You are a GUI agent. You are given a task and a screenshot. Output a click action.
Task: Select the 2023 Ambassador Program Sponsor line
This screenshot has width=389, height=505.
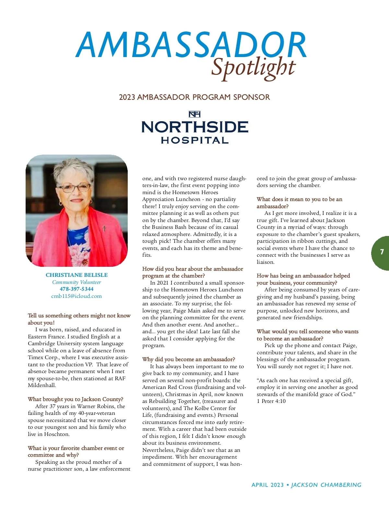point(194,97)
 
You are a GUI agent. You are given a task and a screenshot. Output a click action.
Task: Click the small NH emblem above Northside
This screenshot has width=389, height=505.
point(194,114)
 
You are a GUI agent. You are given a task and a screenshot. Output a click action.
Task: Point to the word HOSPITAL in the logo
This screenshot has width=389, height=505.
point(194,140)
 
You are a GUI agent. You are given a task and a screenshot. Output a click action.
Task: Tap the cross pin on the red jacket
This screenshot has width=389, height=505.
point(104,228)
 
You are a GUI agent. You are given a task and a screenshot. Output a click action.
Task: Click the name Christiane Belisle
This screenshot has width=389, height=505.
point(77,275)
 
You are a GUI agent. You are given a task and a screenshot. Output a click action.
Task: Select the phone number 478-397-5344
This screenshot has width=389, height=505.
point(77,289)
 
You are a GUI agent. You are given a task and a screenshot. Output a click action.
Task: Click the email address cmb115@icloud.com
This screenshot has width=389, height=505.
point(77,296)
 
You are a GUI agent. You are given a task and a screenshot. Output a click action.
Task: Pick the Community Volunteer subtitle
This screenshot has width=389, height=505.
point(77,282)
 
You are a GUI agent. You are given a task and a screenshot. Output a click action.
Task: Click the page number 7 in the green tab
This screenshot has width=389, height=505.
point(382,252)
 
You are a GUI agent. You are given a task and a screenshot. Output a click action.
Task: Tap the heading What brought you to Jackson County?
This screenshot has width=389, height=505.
point(75,399)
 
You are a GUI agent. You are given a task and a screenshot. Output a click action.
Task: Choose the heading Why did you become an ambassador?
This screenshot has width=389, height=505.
point(188,359)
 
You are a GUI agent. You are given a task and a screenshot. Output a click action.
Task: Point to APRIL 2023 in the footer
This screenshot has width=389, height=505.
point(267,485)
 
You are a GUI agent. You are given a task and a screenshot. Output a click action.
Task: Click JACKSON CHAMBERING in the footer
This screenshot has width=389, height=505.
point(326,485)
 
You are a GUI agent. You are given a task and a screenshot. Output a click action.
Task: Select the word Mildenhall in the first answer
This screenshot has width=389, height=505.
point(42,385)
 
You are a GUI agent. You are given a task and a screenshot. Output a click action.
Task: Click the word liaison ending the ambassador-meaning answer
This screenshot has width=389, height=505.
point(265,262)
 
